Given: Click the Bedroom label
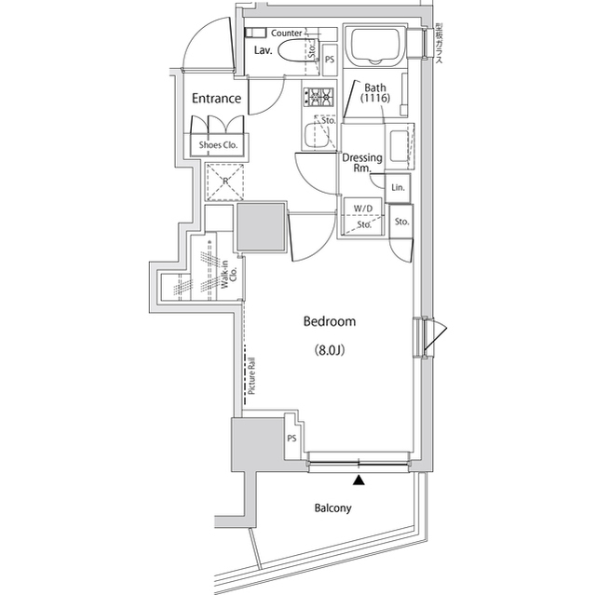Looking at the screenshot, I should point(330,321).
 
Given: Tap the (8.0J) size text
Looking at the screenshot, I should point(330,351).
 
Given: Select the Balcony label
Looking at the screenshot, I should point(332,508).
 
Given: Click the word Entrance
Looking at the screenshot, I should point(217,98).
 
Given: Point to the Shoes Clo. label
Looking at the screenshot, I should point(219,145).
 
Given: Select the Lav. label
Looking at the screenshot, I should point(264,50).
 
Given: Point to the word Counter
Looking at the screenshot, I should point(287,33).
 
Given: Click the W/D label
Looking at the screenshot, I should point(361,208).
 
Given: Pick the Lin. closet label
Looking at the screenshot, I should point(399,189).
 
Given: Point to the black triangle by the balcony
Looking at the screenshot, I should point(358,480).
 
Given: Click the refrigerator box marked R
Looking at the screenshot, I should point(224,182).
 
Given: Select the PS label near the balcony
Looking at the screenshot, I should point(291,438).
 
